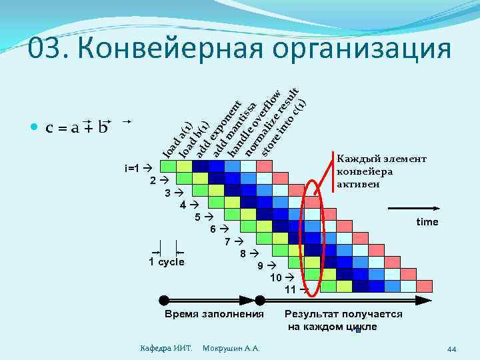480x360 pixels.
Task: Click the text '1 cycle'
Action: (x=166, y=262)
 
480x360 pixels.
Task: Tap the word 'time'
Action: (x=427, y=221)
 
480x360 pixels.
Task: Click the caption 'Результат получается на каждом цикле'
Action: (x=343, y=320)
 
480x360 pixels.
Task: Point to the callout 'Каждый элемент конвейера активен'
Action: (x=381, y=171)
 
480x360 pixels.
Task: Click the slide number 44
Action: (x=451, y=349)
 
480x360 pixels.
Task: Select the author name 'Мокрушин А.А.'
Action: (x=231, y=349)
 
